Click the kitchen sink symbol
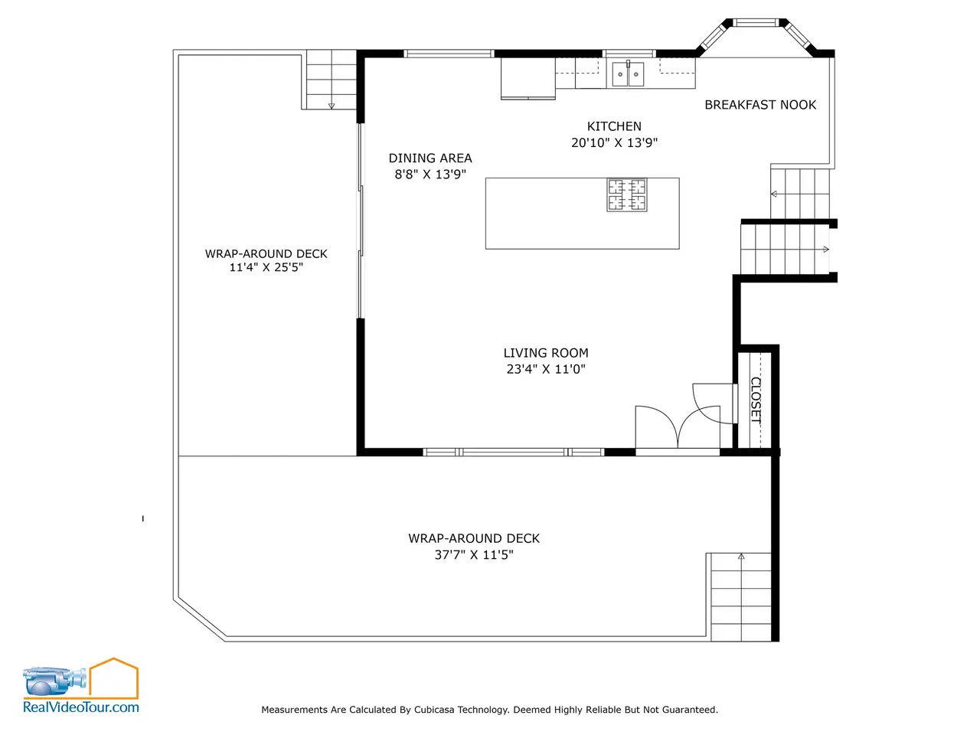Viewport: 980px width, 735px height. coord(628,73)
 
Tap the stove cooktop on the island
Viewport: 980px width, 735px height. coord(627,194)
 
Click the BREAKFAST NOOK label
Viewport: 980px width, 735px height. coord(760,105)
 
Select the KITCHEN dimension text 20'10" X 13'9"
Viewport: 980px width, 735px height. coord(614,143)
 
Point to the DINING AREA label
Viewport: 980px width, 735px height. coord(430,158)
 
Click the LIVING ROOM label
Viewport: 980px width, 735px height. coord(546,353)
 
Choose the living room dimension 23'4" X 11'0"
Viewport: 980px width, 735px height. coord(546,369)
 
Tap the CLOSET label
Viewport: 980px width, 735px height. coord(756,400)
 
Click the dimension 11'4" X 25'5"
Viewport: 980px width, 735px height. coord(266,267)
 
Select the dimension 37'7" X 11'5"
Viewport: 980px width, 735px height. coord(474,555)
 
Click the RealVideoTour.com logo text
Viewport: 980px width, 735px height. coord(81,707)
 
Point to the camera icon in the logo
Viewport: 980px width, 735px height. coord(54,681)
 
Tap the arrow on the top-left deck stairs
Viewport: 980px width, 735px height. coord(332,106)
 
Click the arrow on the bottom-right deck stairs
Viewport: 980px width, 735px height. coord(741,557)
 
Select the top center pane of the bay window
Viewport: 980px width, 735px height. coord(756,22)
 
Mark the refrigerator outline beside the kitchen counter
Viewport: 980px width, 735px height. coord(528,78)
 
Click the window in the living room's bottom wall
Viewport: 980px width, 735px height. coord(514,452)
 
